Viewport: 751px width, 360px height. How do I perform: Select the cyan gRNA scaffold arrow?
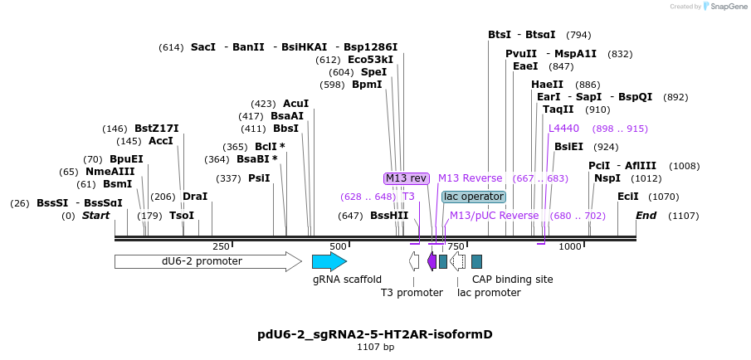coord(329,261)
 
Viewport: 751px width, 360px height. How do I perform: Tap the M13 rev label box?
coord(407,178)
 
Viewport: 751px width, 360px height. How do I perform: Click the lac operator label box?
coord(473,197)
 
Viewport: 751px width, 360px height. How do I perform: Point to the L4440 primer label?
coord(563,129)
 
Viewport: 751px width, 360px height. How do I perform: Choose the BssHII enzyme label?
coord(389,216)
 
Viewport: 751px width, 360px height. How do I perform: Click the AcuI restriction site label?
coord(296,104)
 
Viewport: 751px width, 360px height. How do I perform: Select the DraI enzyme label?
coord(195,197)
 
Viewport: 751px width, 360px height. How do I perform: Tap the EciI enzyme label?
coord(628,197)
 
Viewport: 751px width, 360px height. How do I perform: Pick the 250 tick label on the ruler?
coord(221,246)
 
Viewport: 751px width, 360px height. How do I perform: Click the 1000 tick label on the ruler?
coord(570,246)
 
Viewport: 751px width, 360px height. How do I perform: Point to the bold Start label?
coord(95,216)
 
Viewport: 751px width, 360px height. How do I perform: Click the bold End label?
coord(646,216)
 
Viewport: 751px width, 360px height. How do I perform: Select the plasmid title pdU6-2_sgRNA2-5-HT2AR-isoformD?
coord(375,334)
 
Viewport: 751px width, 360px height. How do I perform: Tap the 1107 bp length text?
coord(375,347)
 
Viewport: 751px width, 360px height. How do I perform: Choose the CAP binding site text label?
coord(512,280)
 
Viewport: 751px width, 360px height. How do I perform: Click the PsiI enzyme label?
coord(259,178)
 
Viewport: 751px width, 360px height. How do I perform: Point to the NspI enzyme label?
coord(607,178)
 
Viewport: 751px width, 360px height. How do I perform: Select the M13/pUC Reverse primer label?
coord(494,216)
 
